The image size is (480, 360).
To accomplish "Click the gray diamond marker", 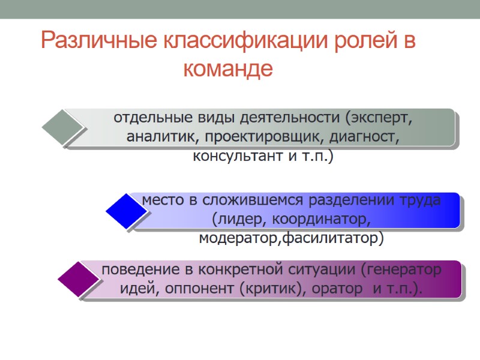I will coord(62,127).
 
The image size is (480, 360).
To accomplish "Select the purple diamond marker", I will coord(79,280).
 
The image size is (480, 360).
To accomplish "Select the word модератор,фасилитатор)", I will coord(290,238).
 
